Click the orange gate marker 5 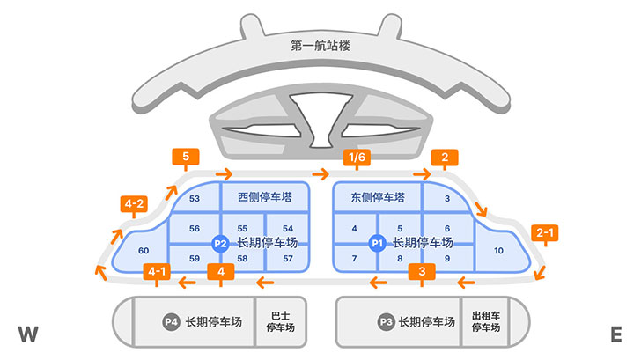pyautogui.click(x=186, y=158)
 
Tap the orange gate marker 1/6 pyautogui.click(x=356, y=158)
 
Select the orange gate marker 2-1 pyautogui.click(x=545, y=234)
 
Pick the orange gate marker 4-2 pyautogui.click(x=134, y=206)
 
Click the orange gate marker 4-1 pyautogui.click(x=157, y=271)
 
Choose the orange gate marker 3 pyautogui.click(x=423, y=271)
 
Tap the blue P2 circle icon pyautogui.click(x=221, y=243)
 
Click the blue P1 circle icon pyautogui.click(x=377, y=243)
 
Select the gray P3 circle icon pyautogui.click(x=385, y=322)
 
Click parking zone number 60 pyautogui.click(x=144, y=252)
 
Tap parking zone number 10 pyautogui.click(x=499, y=251)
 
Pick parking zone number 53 pyautogui.click(x=195, y=199)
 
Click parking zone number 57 pyautogui.click(x=288, y=259)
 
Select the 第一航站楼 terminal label pyautogui.click(x=320, y=46)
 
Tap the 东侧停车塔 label pyautogui.click(x=377, y=197)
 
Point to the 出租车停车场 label pyautogui.click(x=486, y=321)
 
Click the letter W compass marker pyautogui.click(x=28, y=334)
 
